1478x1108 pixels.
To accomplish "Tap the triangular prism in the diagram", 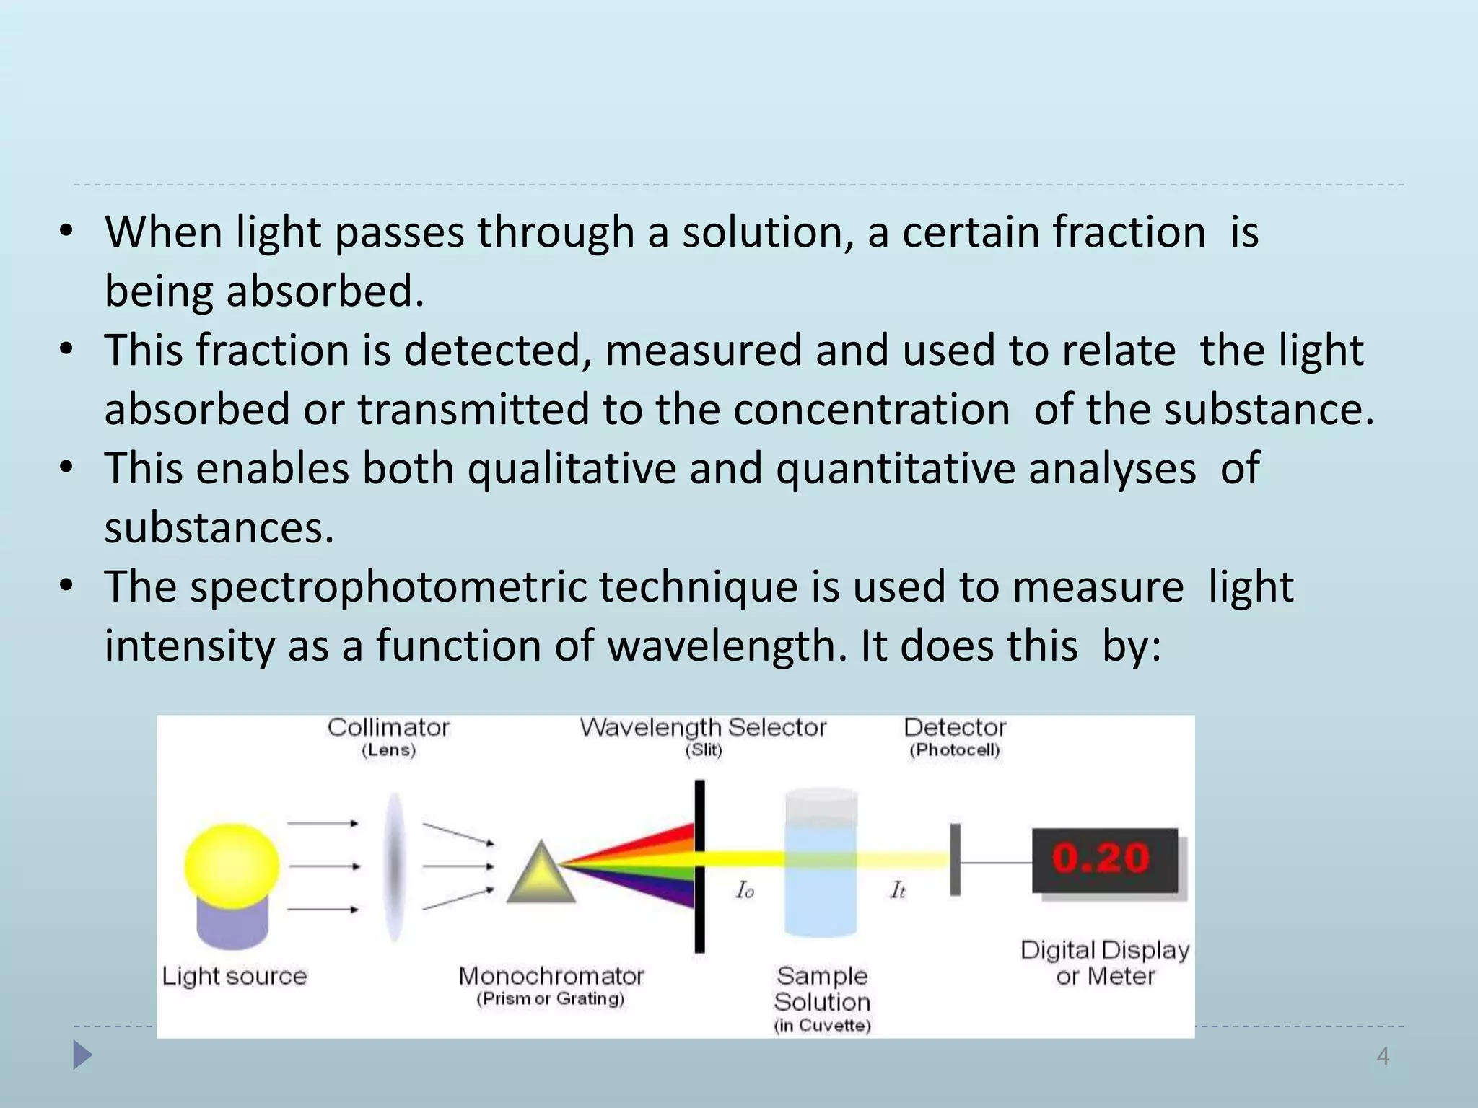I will pos(541,875).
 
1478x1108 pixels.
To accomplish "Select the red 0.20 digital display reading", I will pos(1101,858).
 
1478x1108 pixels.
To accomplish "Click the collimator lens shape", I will pos(394,866).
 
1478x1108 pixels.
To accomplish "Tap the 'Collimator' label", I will pos(388,727).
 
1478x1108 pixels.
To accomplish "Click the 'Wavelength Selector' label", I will pos(703,727).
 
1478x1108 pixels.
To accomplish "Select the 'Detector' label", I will pos(955,727).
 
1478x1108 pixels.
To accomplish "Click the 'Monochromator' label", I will pos(551,976).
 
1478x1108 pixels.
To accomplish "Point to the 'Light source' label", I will pos(235,976).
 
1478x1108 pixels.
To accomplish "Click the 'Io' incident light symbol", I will pos(745,891).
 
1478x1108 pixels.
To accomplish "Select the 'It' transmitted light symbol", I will pos(898,891).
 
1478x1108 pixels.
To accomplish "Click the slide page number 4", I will pos(1383,1056).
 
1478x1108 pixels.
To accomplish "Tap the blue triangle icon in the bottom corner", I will pos(82,1055).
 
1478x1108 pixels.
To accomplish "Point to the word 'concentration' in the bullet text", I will pos(871,410).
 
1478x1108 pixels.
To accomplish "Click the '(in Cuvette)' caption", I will pos(822,1025).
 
